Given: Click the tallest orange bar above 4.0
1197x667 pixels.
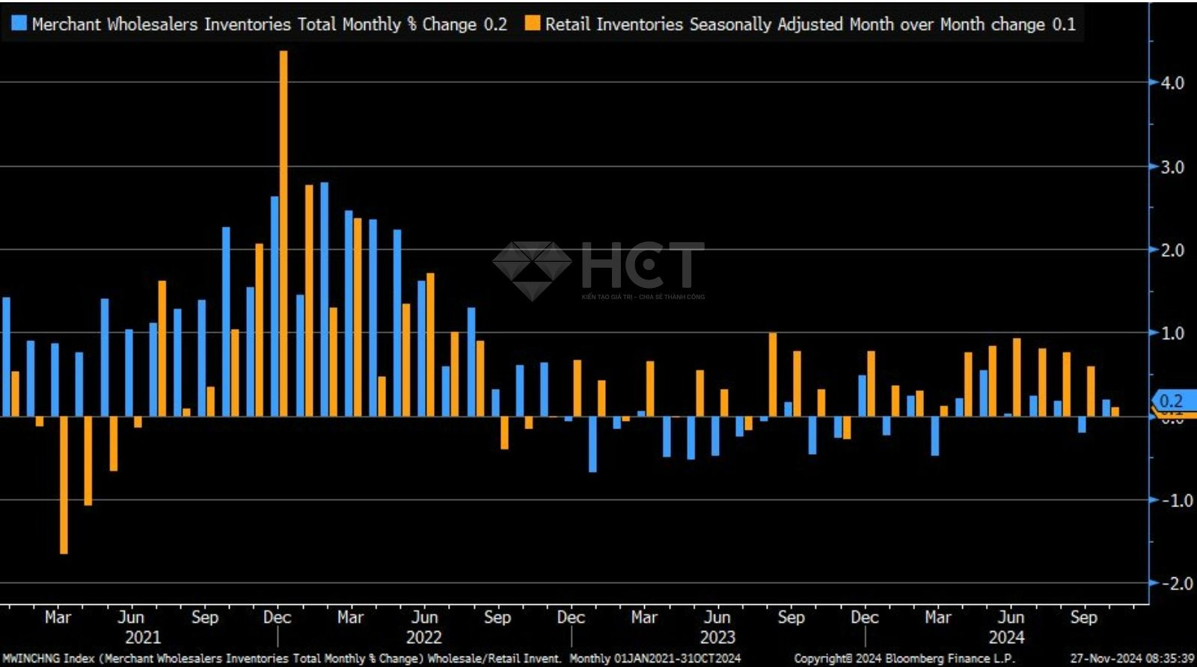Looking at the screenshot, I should click(283, 232).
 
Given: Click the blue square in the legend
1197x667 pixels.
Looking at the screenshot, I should click(19, 24).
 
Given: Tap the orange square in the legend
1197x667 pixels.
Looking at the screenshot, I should click(532, 24).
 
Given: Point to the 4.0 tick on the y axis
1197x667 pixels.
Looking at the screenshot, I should click(1172, 83).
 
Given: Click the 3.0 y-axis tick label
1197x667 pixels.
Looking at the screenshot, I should click(1172, 167).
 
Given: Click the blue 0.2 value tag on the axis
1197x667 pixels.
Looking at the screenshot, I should click(1172, 401).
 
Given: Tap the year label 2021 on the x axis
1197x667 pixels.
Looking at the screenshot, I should click(143, 637).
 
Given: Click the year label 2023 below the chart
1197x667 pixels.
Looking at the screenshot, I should click(717, 637).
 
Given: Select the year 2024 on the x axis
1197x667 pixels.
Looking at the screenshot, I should click(1006, 637).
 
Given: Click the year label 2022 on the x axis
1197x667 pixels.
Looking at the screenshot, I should click(423, 637).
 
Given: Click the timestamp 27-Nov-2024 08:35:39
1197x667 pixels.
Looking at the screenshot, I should click(1131, 659).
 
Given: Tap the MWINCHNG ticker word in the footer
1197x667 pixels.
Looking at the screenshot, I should click(31, 659).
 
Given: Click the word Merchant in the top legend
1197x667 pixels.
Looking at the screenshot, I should click(66, 24).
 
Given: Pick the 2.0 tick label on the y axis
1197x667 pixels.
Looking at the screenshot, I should click(1172, 250).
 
